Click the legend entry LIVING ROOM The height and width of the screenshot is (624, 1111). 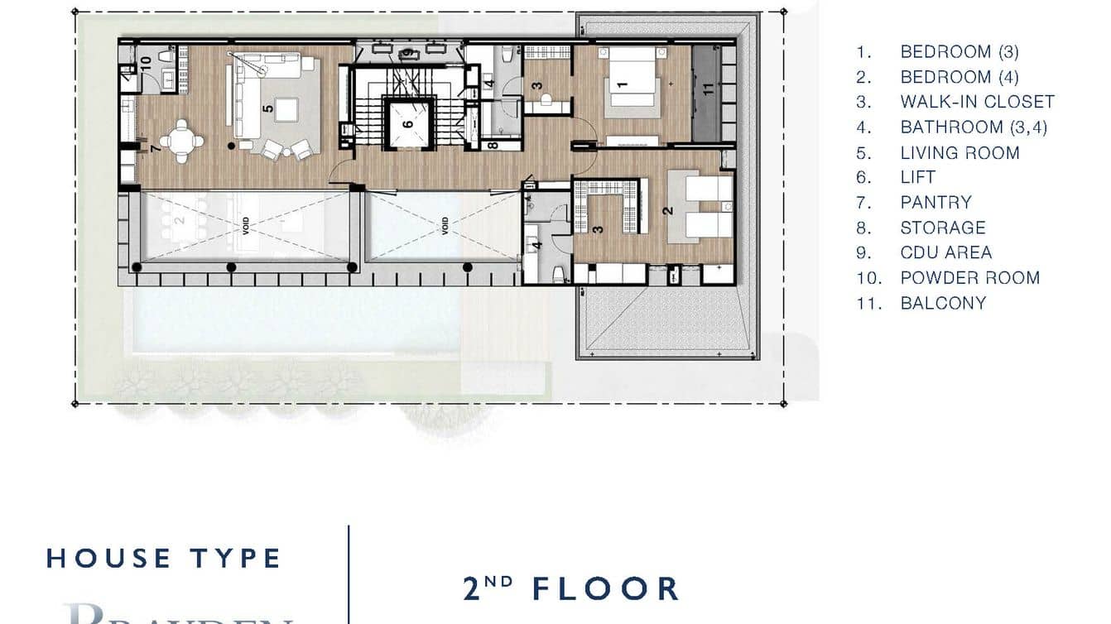[959, 152]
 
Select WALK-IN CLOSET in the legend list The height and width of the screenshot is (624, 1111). [977, 102]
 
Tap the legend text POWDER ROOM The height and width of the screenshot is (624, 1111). [969, 277]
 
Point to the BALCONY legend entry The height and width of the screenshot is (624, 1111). [943, 303]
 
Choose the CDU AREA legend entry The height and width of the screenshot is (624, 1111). [945, 252]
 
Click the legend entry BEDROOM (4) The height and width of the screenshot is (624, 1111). [959, 77]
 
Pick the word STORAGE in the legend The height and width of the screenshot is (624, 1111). [943, 228]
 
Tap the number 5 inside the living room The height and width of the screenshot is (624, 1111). [267, 108]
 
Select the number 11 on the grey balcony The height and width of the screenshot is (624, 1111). [708, 89]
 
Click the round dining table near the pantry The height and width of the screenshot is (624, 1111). [181, 140]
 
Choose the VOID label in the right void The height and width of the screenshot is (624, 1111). [445, 225]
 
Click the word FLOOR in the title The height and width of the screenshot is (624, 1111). [605, 588]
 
